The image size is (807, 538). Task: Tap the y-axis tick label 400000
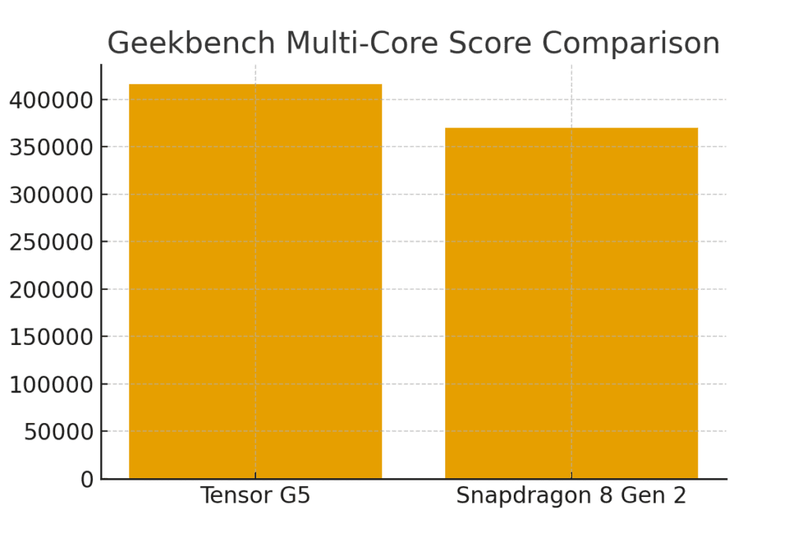pyautogui.click(x=51, y=100)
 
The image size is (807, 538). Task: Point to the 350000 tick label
pyautogui.click(x=51, y=147)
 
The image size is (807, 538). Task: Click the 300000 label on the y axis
pyautogui.click(x=51, y=195)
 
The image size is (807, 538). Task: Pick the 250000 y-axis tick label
pyautogui.click(x=51, y=242)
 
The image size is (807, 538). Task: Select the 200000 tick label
pyautogui.click(x=51, y=290)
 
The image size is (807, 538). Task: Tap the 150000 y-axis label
pyautogui.click(x=51, y=337)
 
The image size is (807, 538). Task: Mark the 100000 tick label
pyautogui.click(x=51, y=384)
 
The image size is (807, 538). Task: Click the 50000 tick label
pyautogui.click(x=59, y=432)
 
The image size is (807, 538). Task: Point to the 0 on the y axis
pyautogui.click(x=87, y=480)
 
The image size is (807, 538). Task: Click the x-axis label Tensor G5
pyautogui.click(x=255, y=496)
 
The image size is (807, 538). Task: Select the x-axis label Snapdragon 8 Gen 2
pyautogui.click(x=571, y=496)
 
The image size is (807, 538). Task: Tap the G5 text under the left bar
pyautogui.click(x=295, y=496)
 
